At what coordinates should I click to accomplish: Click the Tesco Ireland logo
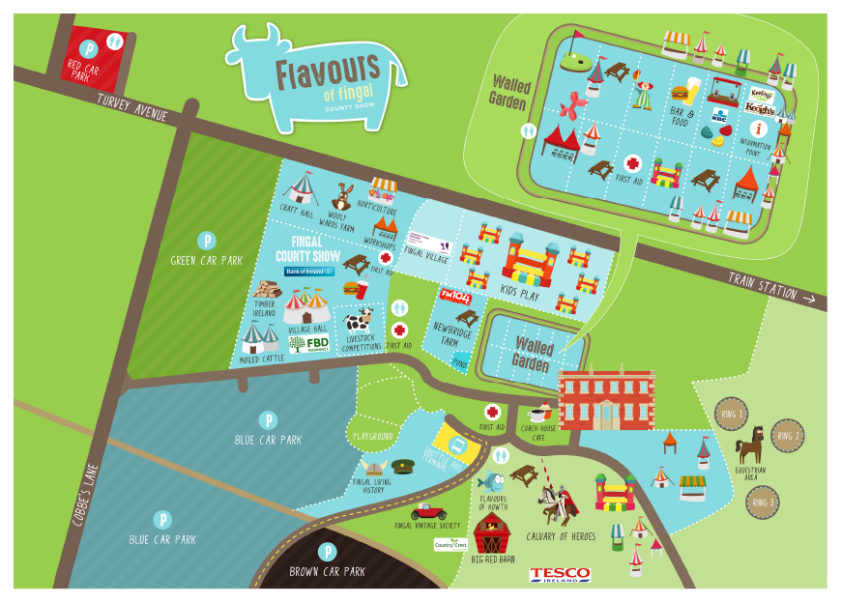(560, 574)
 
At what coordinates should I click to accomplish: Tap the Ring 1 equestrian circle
(732, 416)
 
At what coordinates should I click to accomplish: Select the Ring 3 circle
(763, 502)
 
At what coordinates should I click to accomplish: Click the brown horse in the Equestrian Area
(750, 445)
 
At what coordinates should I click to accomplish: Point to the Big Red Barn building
(493, 532)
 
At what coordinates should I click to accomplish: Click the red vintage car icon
(428, 511)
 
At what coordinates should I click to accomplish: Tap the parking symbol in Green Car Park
(205, 240)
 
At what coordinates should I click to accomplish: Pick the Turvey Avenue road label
(132, 106)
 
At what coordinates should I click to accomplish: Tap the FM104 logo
(454, 295)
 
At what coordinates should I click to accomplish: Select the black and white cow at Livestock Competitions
(359, 321)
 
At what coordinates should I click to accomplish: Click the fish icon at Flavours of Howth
(490, 480)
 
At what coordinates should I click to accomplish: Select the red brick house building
(606, 398)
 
